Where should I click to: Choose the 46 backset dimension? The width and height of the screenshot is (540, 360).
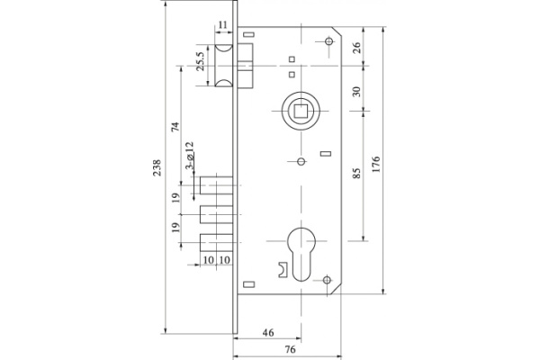(267, 332)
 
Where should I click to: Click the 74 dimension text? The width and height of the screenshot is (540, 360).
(175, 128)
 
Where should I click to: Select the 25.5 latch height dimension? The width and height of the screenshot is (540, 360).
(200, 63)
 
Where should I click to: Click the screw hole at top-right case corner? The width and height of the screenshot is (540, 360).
(328, 41)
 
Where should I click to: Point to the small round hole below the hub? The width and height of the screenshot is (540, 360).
(300, 162)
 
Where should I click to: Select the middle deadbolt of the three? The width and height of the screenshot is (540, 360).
(217, 217)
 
